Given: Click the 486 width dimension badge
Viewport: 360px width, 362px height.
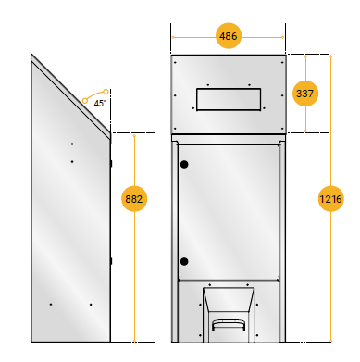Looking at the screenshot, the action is (x=229, y=36).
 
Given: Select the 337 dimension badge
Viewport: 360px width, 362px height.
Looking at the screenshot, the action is (x=305, y=94).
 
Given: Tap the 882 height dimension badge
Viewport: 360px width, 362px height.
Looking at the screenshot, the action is (x=134, y=199).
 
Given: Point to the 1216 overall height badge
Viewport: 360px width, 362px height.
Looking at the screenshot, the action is (x=330, y=199).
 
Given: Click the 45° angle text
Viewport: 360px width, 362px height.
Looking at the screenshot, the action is (x=100, y=104).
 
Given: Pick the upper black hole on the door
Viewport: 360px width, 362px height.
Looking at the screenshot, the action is (x=184, y=164).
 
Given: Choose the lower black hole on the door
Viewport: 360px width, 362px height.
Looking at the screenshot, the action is (x=184, y=262).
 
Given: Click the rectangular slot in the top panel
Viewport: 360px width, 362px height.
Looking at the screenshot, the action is (x=229, y=99).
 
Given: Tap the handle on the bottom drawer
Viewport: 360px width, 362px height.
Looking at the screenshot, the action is (x=229, y=325).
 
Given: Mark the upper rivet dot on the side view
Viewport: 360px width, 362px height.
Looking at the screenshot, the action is (x=72, y=144).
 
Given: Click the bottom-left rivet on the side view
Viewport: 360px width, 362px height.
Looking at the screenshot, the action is (x=51, y=305).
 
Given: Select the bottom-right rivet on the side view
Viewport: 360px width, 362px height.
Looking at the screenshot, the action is (x=91, y=305).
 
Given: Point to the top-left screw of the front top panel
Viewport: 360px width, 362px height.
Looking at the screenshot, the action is (x=175, y=63).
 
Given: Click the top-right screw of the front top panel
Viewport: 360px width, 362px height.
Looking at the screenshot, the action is (x=282, y=63).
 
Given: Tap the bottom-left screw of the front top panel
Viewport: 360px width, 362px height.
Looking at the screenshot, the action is (x=175, y=129).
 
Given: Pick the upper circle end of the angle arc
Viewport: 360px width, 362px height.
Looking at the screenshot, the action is (x=106, y=92).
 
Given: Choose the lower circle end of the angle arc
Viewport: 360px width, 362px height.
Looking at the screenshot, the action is (x=85, y=101).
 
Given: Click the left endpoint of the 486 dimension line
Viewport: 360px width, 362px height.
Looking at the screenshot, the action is (x=173, y=37).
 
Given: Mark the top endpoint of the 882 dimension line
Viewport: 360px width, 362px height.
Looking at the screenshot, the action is (x=134, y=135).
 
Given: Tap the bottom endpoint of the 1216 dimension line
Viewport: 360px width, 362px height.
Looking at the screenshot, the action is (x=330, y=341).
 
